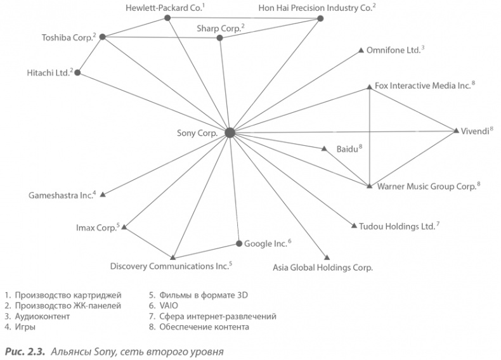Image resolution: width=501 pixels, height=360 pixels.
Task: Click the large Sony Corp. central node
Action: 230,132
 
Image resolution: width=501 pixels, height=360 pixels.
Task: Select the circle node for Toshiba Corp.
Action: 102,37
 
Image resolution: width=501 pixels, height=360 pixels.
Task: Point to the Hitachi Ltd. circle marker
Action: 77,73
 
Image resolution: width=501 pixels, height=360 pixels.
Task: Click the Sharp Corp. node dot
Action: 219,38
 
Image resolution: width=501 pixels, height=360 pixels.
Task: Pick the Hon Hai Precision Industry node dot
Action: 320,19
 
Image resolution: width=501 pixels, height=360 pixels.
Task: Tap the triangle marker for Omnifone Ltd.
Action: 361,50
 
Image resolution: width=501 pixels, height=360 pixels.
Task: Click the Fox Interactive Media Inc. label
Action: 422,85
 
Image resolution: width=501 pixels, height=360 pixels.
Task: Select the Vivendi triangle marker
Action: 457,131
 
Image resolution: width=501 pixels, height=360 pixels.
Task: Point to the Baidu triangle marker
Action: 323,150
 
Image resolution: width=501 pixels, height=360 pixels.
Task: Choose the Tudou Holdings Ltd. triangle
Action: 353,226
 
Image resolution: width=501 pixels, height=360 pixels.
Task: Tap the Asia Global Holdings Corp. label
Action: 323,267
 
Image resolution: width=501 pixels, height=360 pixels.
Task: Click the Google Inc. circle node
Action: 239,243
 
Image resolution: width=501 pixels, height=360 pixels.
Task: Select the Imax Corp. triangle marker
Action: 126,225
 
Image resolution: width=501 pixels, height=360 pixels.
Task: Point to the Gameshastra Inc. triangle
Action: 103,194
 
